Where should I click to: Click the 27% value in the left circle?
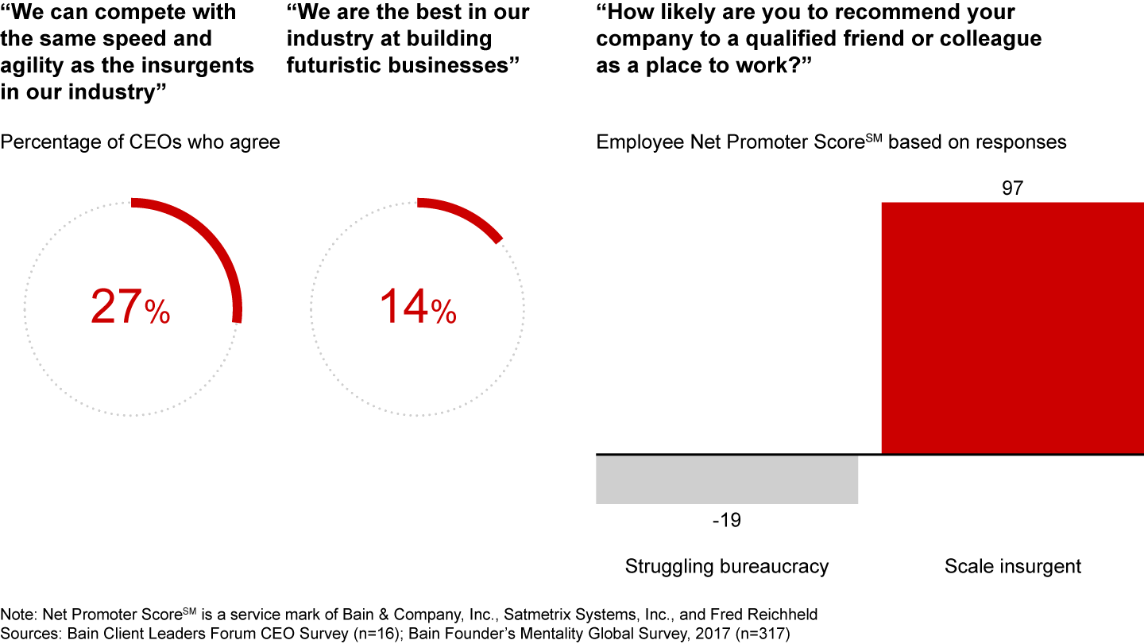point(129,307)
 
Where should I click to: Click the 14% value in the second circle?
point(417,307)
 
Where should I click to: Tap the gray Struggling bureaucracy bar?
point(727,479)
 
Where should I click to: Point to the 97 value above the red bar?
point(1013,189)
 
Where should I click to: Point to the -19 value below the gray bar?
point(726,521)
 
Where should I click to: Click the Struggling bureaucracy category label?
point(727,567)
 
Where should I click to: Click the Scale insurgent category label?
point(1013,567)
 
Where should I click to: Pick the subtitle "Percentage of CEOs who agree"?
point(141,142)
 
